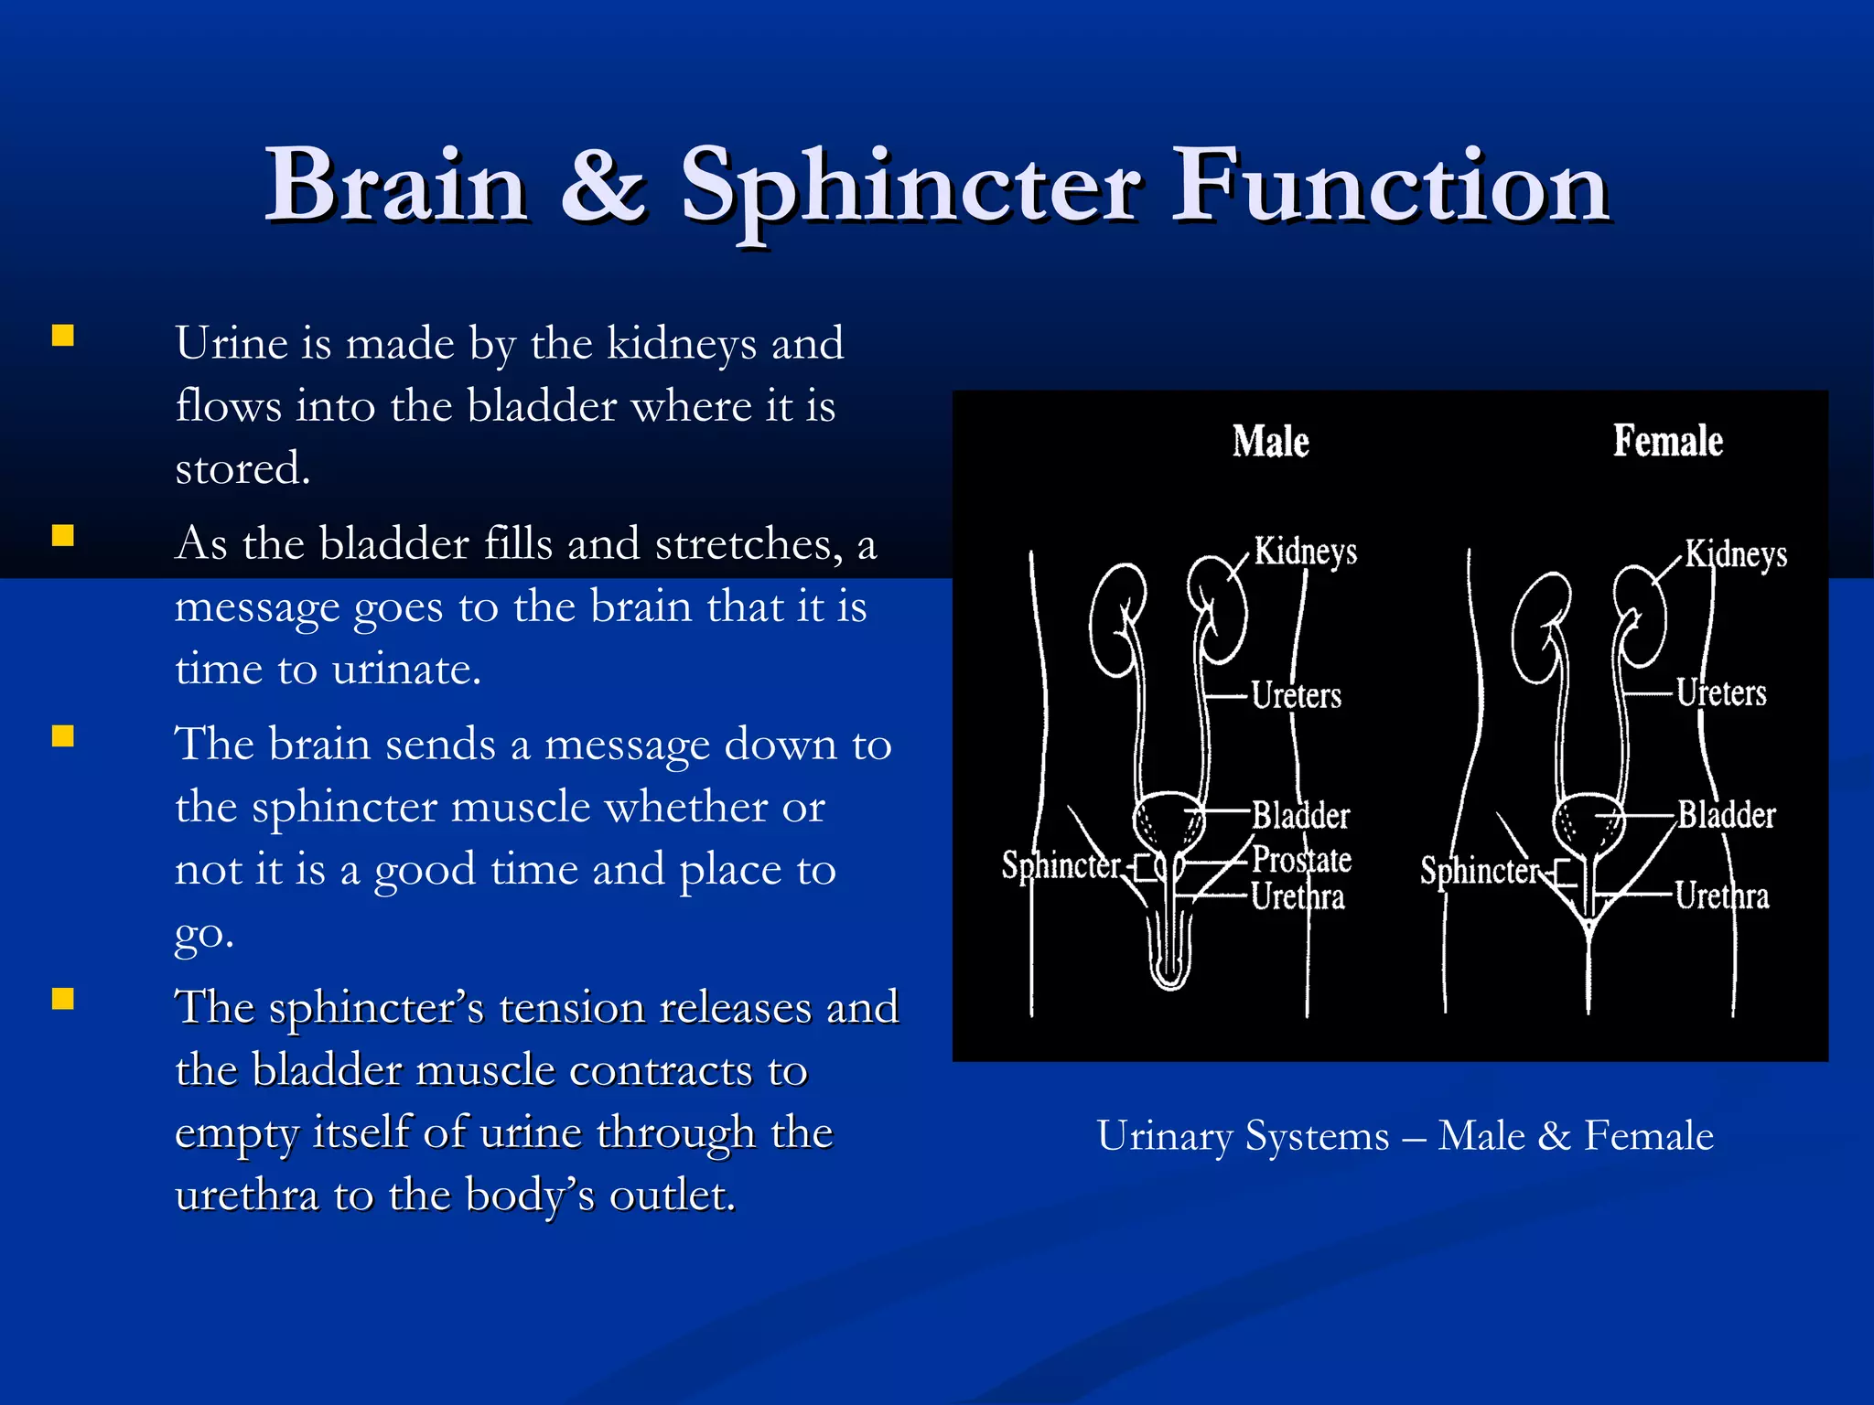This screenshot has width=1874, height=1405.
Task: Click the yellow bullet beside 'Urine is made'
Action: pyautogui.click(x=62, y=336)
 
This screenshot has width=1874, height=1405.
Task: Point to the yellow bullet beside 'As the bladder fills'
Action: pyautogui.click(x=62, y=536)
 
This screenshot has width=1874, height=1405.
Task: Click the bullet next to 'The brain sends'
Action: pyautogui.click(x=62, y=736)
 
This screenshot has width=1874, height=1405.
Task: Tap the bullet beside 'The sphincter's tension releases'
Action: pyautogui.click(x=62, y=999)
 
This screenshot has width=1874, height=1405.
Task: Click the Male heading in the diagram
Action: pyautogui.click(x=1270, y=442)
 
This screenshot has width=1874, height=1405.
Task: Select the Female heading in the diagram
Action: pyautogui.click(x=1667, y=442)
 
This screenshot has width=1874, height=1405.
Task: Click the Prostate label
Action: pyautogui.click(x=1301, y=860)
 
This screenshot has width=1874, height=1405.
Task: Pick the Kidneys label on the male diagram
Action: pyautogui.click(x=1305, y=552)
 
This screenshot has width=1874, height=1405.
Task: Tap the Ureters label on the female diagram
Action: pyautogui.click(x=1720, y=693)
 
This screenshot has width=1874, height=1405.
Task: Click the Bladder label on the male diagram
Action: pyautogui.click(x=1300, y=815)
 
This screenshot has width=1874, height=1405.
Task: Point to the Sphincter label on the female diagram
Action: pyautogui.click(x=1479, y=871)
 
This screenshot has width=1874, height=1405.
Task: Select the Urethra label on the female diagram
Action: pyautogui.click(x=1721, y=896)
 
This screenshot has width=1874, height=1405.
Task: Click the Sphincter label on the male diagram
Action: pyautogui.click(x=1061, y=865)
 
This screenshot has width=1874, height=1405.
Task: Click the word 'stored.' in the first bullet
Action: pyautogui.click(x=242, y=468)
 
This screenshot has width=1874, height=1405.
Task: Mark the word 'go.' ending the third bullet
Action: pyautogui.click(x=204, y=933)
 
